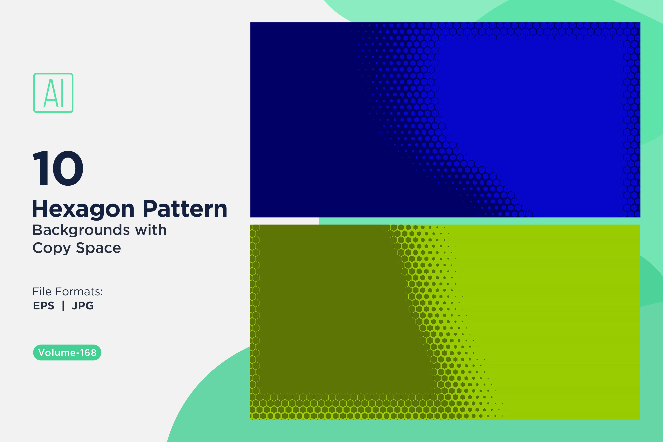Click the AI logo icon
[53, 93]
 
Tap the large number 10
[58, 168]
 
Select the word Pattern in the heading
[185, 209]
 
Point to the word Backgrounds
[81, 231]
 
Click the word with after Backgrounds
[151, 230]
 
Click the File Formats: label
[68, 291]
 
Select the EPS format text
[44, 306]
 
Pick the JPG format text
[83, 306]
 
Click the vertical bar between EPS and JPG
[63, 306]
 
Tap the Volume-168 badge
[67, 352]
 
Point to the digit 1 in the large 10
[40, 168]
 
